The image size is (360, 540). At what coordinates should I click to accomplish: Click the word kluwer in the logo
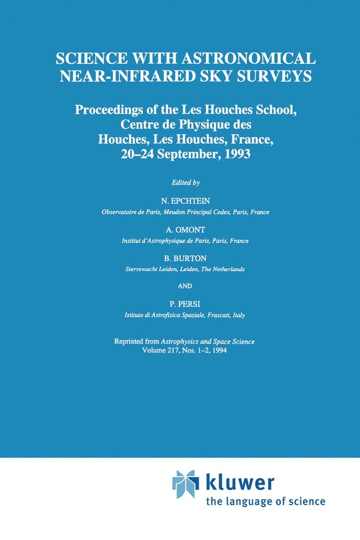tap(240, 483)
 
